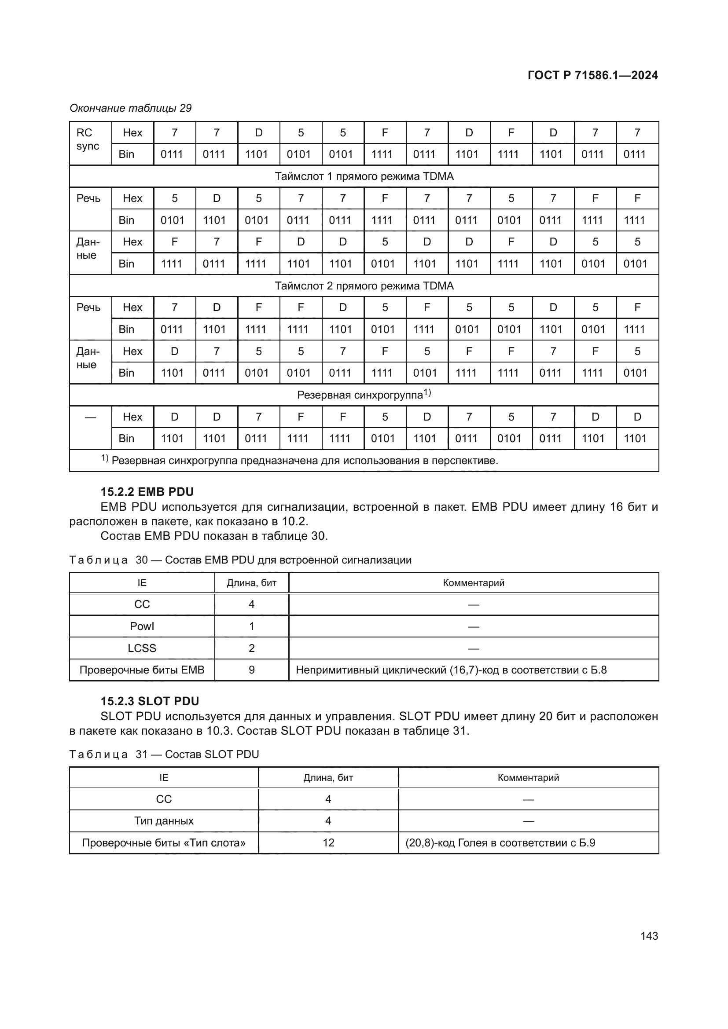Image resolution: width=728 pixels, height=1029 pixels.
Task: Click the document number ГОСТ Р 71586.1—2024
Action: [592, 75]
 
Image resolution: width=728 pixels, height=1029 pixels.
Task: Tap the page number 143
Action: [649, 936]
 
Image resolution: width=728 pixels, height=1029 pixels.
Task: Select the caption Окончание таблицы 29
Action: [130, 108]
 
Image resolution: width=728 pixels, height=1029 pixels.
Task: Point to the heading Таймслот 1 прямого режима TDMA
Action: [364, 176]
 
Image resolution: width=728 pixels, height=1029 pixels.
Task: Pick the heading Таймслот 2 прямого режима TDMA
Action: [364, 286]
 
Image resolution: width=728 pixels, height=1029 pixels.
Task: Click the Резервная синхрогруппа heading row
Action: [364, 395]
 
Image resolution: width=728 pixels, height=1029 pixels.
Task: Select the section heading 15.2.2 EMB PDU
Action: [147, 492]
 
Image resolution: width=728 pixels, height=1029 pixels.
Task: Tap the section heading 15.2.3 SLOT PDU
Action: [150, 701]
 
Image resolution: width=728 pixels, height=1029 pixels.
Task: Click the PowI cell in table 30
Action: [142, 626]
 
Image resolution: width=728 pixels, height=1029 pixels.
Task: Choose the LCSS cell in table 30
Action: [142, 648]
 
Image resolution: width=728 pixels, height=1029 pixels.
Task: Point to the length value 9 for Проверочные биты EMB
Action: [251, 670]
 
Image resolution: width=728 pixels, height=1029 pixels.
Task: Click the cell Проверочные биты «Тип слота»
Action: [164, 842]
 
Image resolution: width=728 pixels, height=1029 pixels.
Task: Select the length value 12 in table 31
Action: [328, 842]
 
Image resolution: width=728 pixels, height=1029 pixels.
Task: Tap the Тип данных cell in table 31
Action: [164, 820]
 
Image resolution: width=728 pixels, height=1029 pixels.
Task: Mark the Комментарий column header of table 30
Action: [474, 582]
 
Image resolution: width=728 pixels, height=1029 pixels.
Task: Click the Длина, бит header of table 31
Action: [328, 777]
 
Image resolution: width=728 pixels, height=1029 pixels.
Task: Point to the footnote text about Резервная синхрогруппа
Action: [304, 461]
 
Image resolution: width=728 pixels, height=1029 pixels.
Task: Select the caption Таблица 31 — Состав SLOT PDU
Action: [164, 754]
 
